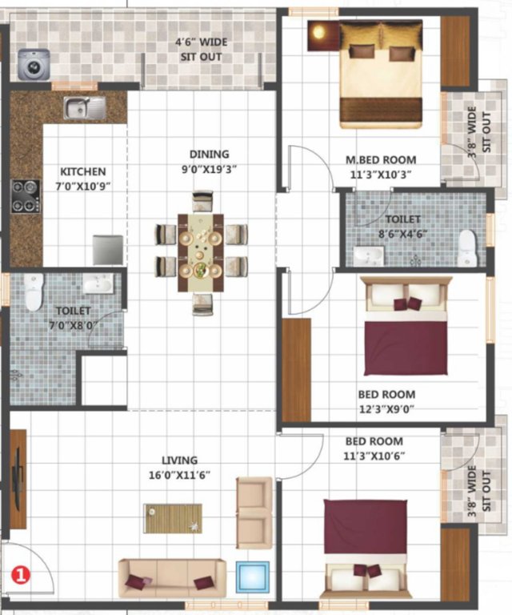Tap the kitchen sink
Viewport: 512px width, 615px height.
(85, 107)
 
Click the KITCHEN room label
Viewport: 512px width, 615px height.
(82, 171)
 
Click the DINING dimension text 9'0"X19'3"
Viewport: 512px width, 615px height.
(209, 168)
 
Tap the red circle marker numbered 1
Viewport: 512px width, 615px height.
(20, 573)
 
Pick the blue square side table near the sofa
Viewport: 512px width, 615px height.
(254, 578)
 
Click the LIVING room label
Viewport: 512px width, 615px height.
(179, 460)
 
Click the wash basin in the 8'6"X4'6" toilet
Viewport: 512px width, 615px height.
(369, 255)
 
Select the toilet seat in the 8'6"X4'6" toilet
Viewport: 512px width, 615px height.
(467, 248)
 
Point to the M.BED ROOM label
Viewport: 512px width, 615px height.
(380, 159)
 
